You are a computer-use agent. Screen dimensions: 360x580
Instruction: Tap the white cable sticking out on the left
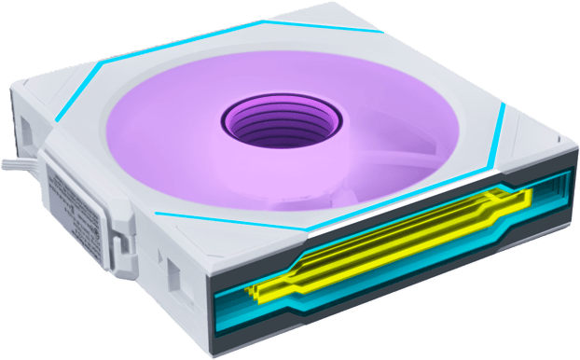[16, 169]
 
